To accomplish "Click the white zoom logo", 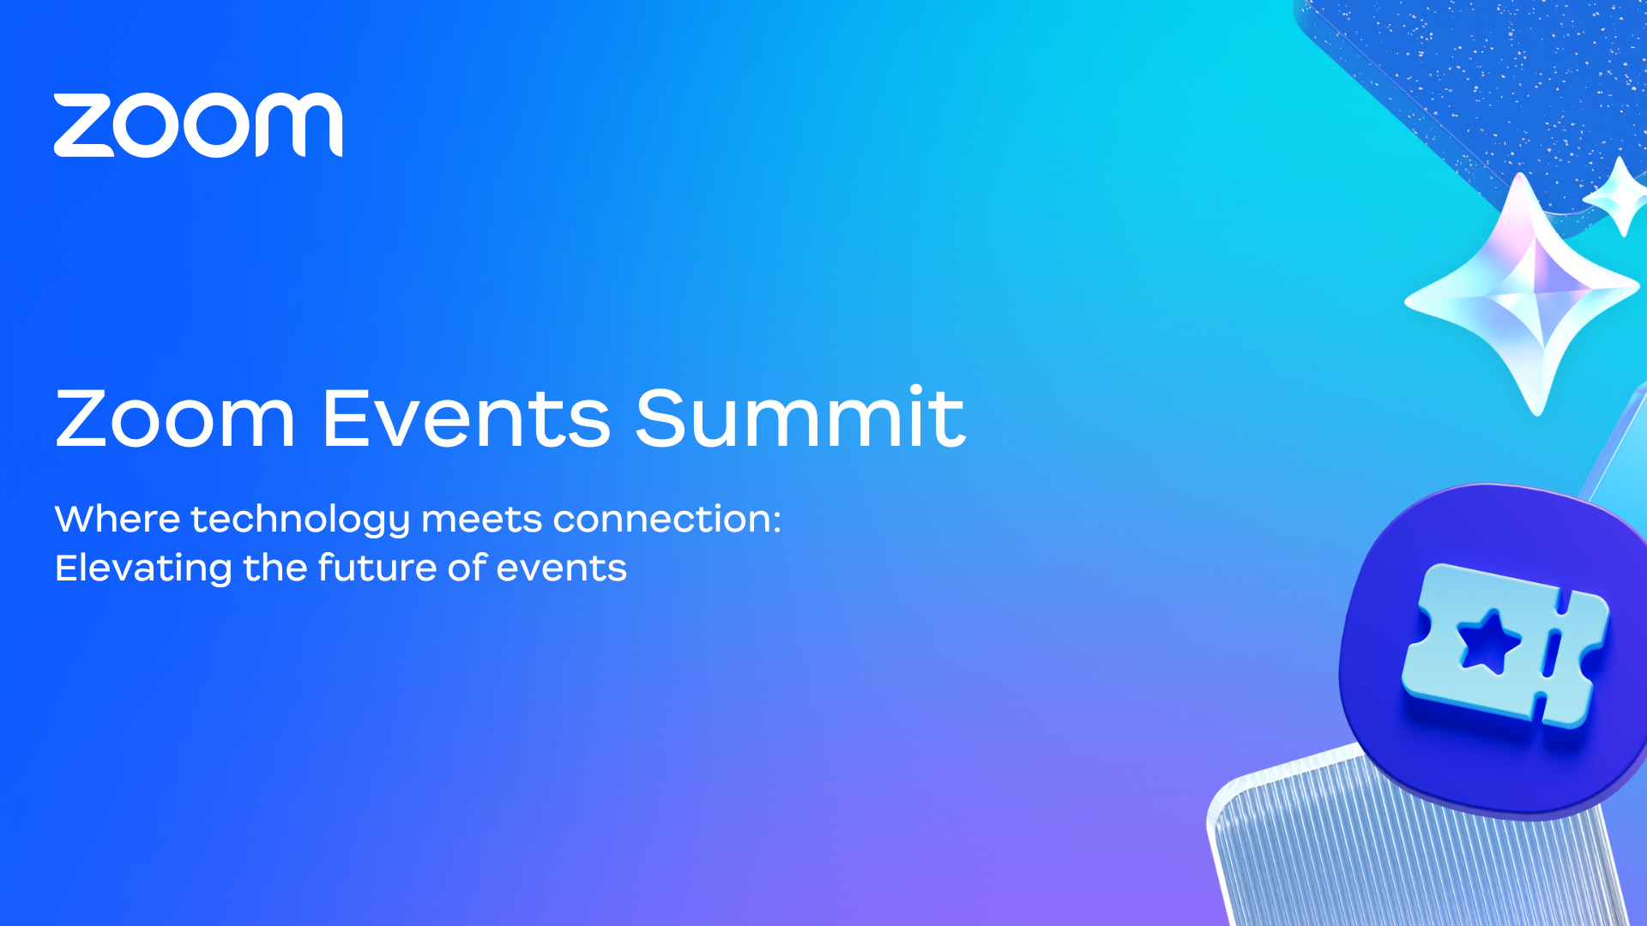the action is (198, 125).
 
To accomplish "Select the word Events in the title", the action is (467, 418).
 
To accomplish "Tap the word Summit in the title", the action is (800, 417).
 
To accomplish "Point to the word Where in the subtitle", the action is (118, 520).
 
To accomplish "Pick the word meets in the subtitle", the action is (482, 520).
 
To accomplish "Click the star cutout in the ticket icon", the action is (1488, 642).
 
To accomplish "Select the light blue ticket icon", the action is (1505, 646).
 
